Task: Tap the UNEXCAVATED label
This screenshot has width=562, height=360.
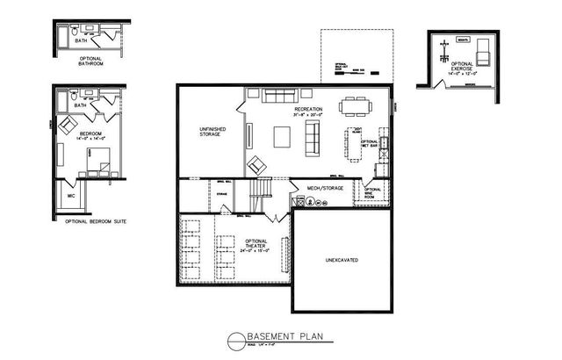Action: [x=340, y=261]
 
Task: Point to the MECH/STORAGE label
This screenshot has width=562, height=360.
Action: [x=324, y=187]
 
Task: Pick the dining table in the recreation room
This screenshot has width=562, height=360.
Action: [x=355, y=106]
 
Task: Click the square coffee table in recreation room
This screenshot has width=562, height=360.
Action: [x=283, y=137]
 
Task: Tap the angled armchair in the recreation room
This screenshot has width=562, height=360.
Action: [x=257, y=164]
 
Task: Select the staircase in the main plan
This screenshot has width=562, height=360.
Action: [x=262, y=189]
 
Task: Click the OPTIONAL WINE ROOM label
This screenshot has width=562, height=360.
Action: [x=372, y=192]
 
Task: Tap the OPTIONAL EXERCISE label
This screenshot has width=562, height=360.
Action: [x=462, y=67]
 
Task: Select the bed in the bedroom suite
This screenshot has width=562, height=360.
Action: [x=99, y=162]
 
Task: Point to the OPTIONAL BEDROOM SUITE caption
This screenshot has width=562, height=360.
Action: [x=96, y=221]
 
